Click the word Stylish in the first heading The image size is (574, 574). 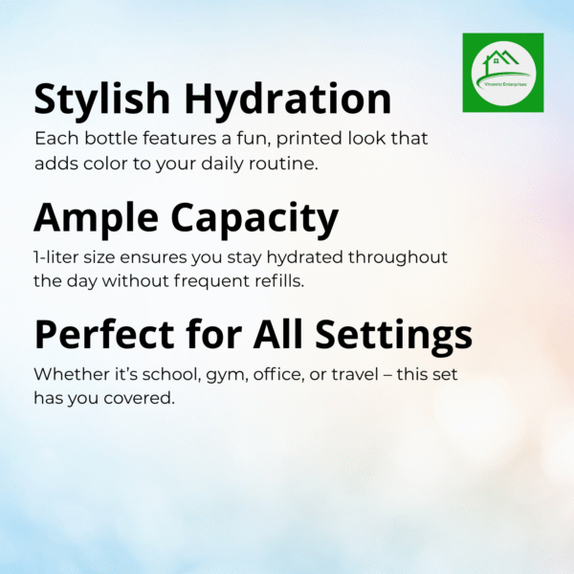101,99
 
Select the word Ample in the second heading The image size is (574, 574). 96,218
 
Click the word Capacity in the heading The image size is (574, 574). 254,219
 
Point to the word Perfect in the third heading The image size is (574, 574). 104,334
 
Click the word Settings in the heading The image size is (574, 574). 394,335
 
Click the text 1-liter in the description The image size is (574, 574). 56,257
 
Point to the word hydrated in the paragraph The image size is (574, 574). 305,257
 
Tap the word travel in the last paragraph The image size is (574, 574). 355,374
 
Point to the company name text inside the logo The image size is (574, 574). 505,84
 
